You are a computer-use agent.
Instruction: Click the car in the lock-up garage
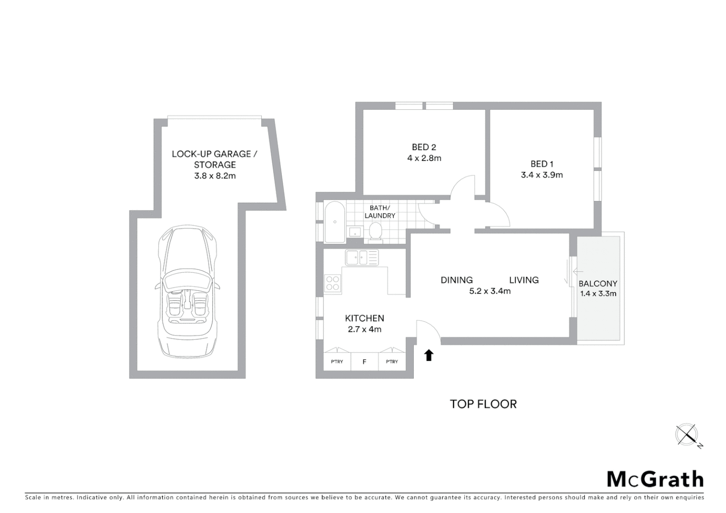pos(187,292)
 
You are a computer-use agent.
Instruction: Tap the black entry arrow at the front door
pos(429,355)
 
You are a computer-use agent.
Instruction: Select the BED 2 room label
pos(424,147)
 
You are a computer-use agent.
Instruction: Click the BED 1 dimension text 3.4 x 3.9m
pos(542,175)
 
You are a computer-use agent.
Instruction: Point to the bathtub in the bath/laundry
pos(334,222)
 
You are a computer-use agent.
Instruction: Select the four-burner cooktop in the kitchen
pos(333,283)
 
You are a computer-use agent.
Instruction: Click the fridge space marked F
pos(364,362)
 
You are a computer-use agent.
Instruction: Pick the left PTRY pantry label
pos(337,362)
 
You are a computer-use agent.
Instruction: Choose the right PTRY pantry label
pos(392,362)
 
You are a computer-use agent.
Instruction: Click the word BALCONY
pos(598,284)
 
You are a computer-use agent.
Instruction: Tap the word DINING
pos(457,280)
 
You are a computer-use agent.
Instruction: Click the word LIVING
pos(524,280)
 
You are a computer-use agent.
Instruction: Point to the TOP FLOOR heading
pos(483,404)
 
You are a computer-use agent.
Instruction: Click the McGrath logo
pos(655,479)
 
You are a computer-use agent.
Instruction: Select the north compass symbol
pos(687,435)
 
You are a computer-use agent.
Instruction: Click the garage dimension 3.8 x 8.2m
pos(215,176)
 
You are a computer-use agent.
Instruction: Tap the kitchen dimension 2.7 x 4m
pos(364,329)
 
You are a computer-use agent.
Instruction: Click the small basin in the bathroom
pos(354,232)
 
